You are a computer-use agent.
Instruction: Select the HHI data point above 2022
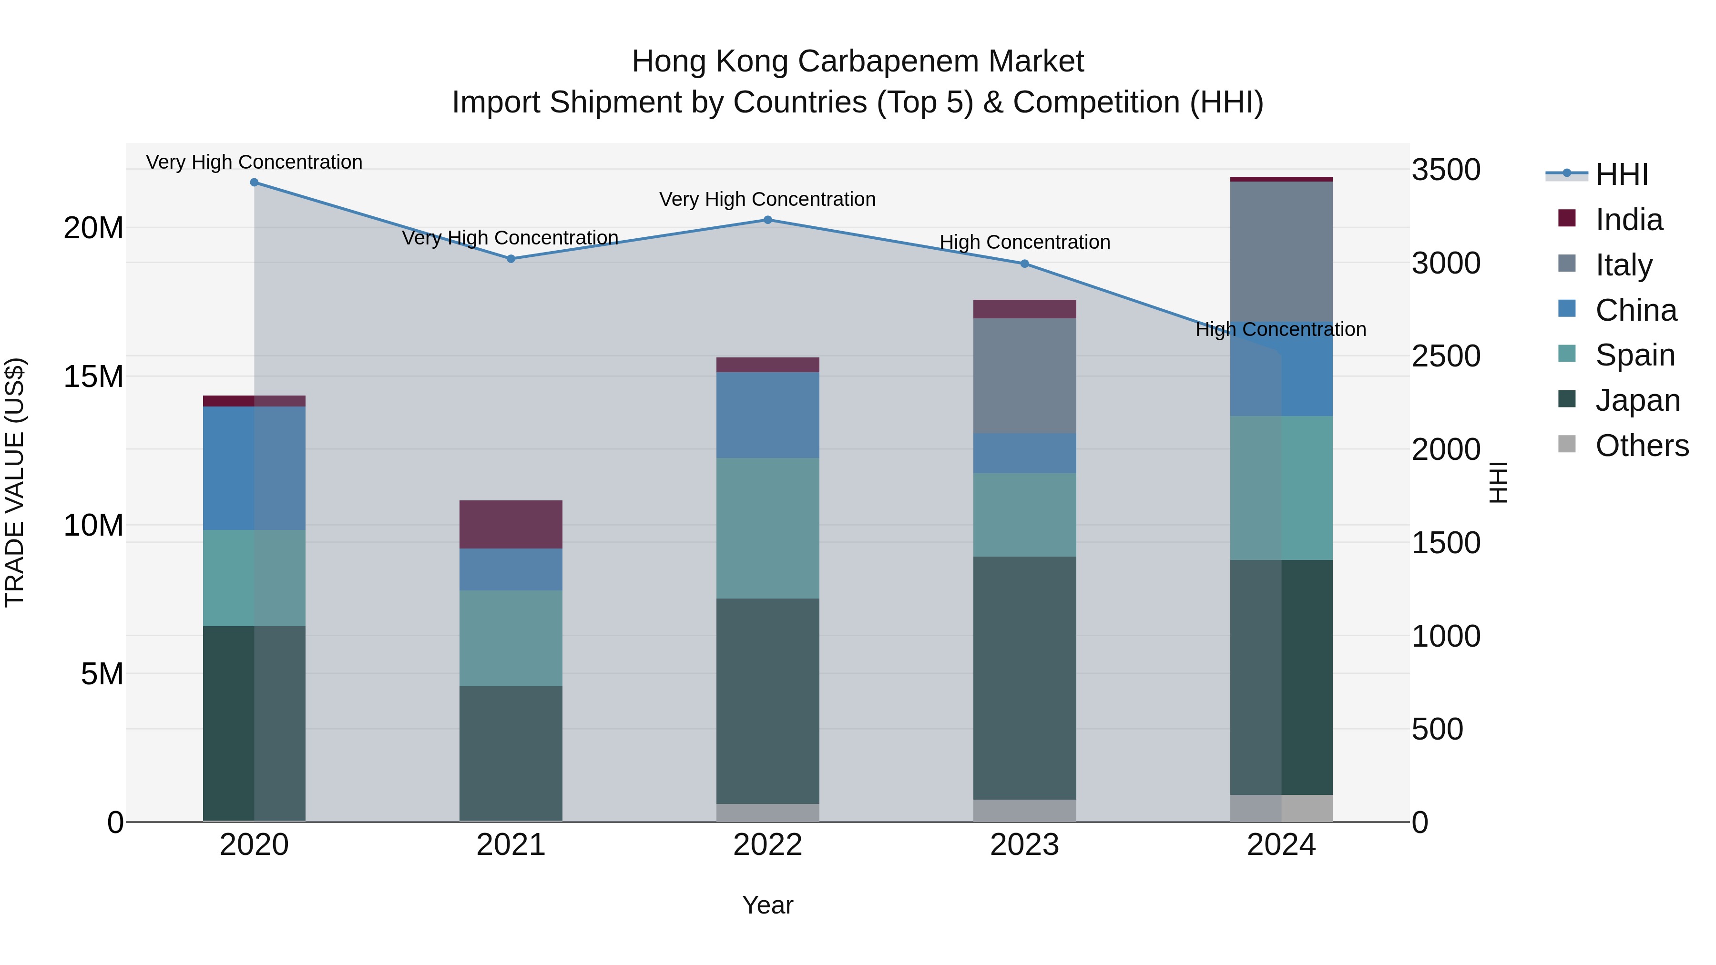click(767, 220)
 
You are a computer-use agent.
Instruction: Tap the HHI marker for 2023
click(1024, 264)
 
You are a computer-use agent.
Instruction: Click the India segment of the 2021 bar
click(511, 524)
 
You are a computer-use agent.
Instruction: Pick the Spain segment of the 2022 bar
click(767, 528)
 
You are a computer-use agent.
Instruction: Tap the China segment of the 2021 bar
click(511, 569)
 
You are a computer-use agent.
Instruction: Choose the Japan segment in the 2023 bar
click(1024, 678)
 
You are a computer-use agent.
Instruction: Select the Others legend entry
click(1641, 446)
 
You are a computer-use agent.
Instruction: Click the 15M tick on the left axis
click(93, 377)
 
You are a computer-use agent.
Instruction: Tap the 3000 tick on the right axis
click(1446, 263)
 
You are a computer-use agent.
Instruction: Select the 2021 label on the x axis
click(511, 845)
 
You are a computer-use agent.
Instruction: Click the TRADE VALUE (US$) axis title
click(15, 482)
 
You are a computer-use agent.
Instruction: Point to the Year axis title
click(767, 905)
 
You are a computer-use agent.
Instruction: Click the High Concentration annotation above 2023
click(1024, 243)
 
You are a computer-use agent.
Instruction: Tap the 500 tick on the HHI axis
click(1437, 729)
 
